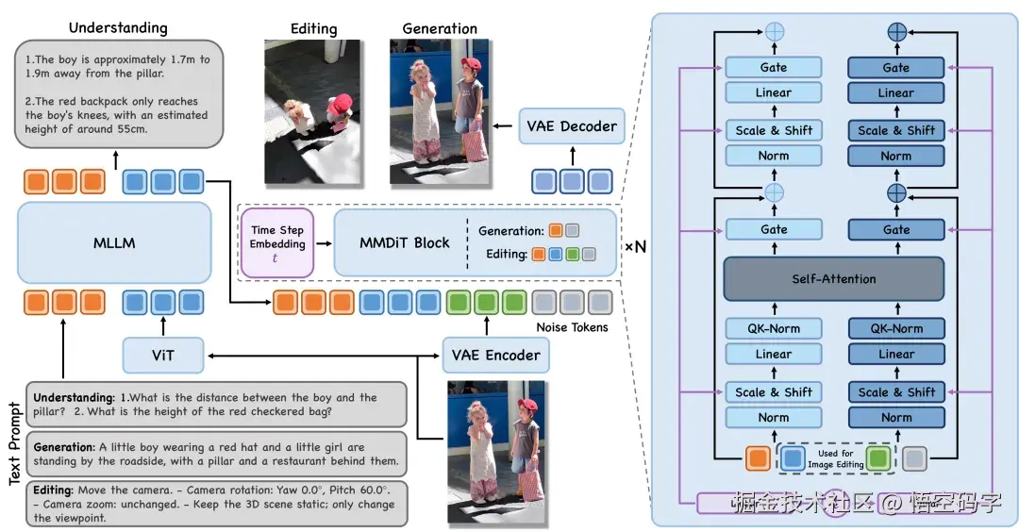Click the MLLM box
point(113,242)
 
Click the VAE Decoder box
point(573,126)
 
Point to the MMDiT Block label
point(405,242)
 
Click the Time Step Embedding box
point(277,242)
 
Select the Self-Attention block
point(833,279)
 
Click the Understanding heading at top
point(118,28)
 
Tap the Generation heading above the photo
point(440,28)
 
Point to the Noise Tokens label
point(572,326)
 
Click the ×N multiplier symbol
point(634,246)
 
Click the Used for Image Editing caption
point(836,458)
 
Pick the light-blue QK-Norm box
point(774,329)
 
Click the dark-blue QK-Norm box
point(895,329)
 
